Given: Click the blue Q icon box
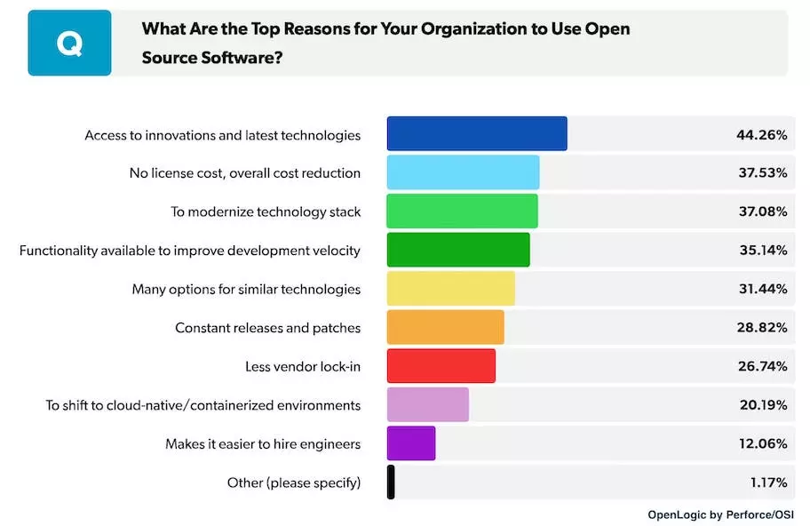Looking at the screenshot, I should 69,43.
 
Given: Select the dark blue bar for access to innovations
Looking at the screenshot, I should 477,134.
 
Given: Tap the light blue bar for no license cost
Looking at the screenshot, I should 463,172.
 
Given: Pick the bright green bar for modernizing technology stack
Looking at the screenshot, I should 462,211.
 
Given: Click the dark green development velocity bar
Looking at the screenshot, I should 458,250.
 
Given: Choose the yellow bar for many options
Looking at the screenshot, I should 450,289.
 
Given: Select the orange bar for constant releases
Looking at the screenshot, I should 445,327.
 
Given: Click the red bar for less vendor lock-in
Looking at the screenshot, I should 441,366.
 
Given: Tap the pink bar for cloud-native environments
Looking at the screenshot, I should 427,404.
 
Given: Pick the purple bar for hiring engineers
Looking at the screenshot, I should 411,443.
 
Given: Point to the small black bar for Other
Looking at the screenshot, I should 391,482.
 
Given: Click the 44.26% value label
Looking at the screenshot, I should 762,135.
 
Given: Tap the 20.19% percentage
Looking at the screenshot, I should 762,405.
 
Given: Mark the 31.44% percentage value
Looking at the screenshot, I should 762,289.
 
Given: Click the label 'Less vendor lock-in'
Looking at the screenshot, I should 303,367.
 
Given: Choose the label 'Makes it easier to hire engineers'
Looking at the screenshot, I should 263,444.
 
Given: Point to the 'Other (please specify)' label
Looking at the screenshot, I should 294,483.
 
